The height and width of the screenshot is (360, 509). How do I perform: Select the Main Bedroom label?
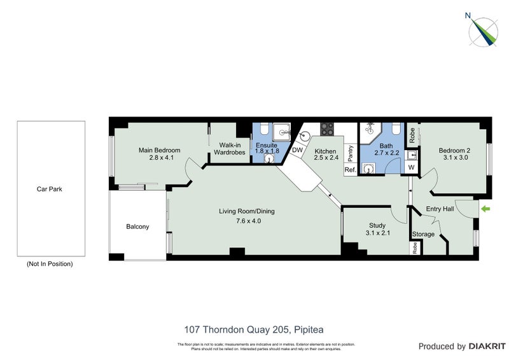pos(160,151)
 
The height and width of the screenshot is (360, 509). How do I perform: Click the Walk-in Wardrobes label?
pos(229,148)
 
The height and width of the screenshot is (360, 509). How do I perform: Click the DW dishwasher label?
pos(297,150)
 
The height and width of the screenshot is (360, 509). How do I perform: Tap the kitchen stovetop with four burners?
pos(327,128)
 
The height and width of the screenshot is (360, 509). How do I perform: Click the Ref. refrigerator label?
pos(350,170)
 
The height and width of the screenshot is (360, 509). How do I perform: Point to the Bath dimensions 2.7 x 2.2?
pos(386,153)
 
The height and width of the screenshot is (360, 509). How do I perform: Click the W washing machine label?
pos(411,168)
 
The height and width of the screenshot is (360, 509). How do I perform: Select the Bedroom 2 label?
pos(453,151)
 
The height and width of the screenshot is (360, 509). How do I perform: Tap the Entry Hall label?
pos(440,209)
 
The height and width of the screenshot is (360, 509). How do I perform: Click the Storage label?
pos(424,234)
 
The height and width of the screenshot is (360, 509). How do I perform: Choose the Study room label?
pos(377,225)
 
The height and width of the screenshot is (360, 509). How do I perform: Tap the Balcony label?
pos(137,226)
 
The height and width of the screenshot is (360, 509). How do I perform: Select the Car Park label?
pos(51,189)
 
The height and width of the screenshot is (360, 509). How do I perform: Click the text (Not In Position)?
pos(50,263)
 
